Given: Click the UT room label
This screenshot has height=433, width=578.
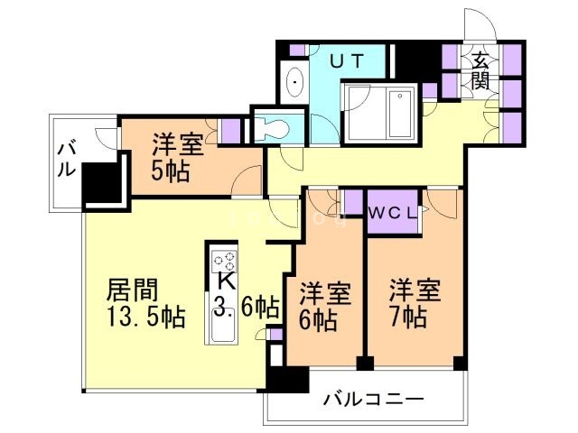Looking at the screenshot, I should pyautogui.click(x=347, y=62).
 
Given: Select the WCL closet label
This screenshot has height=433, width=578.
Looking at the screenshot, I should pyautogui.click(x=393, y=214).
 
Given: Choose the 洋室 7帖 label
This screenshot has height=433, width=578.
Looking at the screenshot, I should pyautogui.click(x=414, y=304).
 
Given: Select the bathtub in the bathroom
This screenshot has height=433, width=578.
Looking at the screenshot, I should pyautogui.click(x=380, y=115).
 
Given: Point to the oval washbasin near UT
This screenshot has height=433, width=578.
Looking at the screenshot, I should pyautogui.click(x=294, y=84).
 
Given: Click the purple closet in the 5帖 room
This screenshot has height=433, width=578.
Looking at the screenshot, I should pyautogui.click(x=231, y=129).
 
